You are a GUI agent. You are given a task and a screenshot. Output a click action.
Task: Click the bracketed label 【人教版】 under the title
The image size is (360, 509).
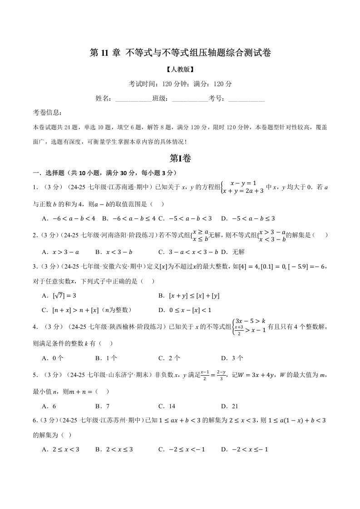click(x=180, y=70)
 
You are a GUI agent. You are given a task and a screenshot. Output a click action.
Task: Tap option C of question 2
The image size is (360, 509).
click(x=188, y=252)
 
